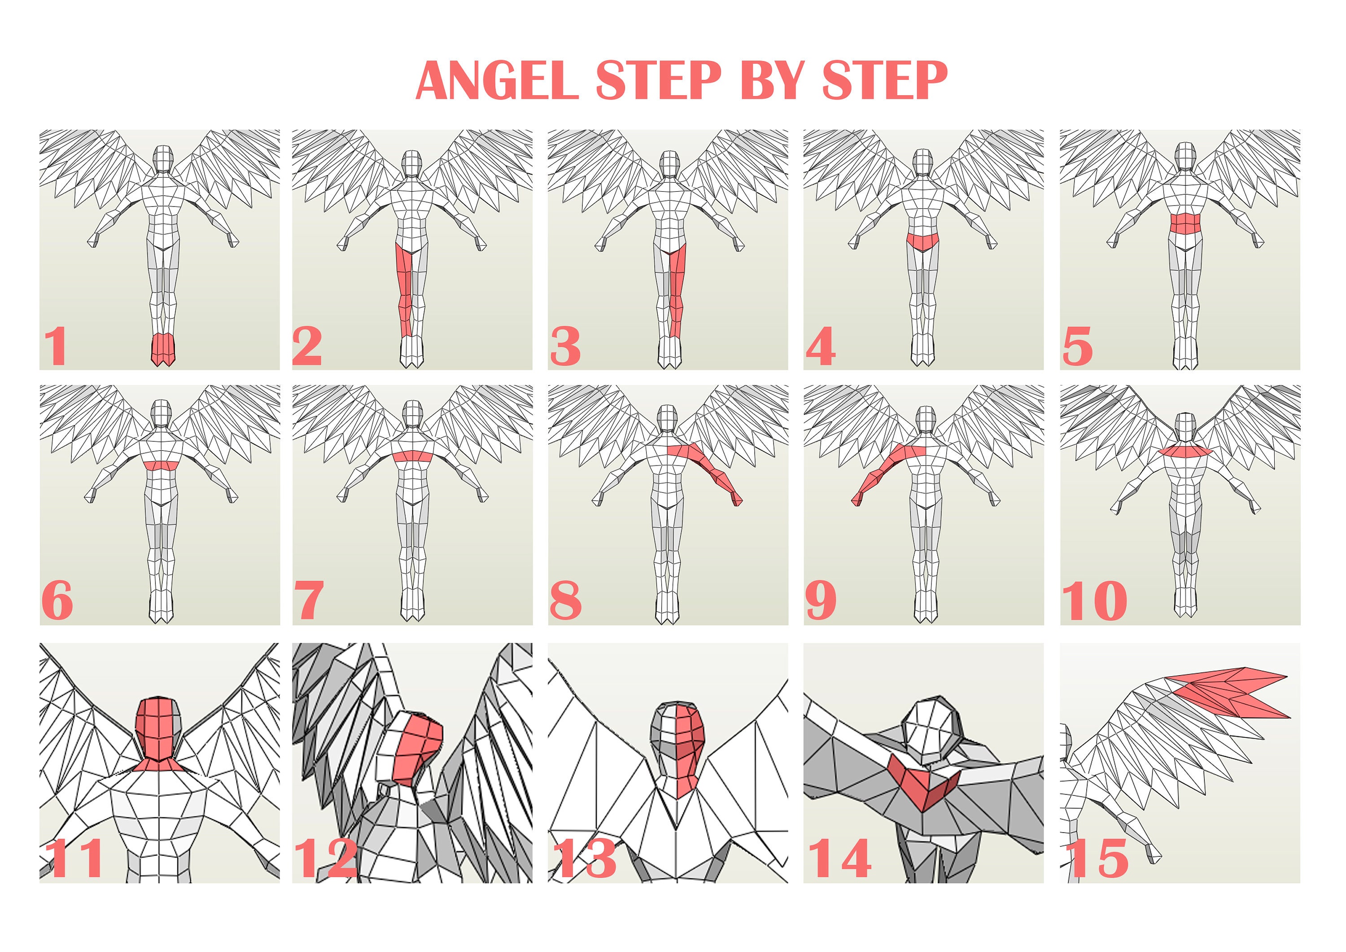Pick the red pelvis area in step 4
[x=923, y=239]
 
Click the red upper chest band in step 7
[x=413, y=456]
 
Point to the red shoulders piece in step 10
[x=1185, y=451]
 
